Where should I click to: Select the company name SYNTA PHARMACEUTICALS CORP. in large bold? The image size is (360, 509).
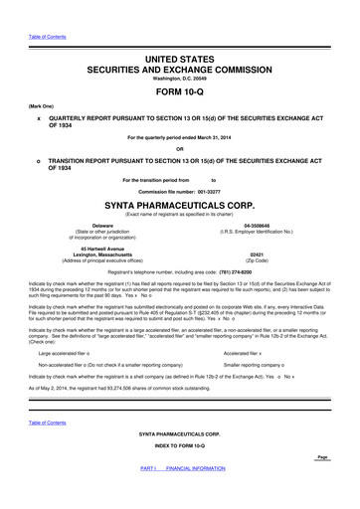tap(180, 206)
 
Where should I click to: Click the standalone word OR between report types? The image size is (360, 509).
tap(180, 151)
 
